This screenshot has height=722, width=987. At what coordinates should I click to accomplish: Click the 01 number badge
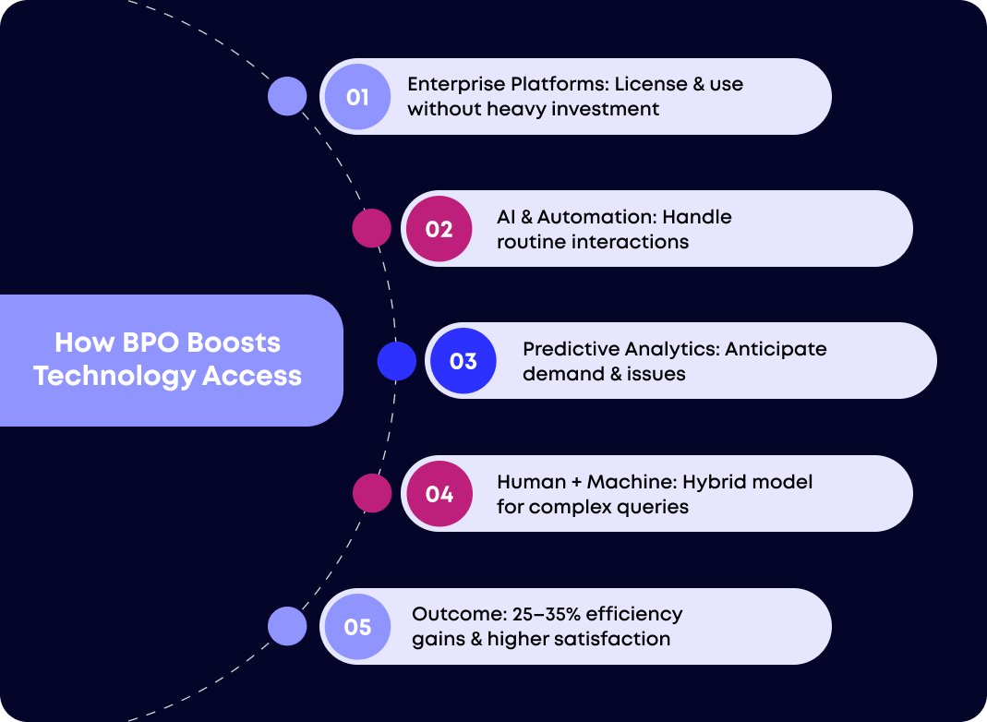(358, 97)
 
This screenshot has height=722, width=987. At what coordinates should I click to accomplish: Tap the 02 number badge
(439, 229)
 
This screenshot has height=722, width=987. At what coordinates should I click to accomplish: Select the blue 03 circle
(463, 361)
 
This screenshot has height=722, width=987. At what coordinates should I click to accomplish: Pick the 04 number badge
(439, 494)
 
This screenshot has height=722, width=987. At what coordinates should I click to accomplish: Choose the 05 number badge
(358, 627)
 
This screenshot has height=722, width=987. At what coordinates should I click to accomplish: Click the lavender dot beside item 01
(287, 96)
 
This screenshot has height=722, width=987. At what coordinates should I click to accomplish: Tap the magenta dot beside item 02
(372, 228)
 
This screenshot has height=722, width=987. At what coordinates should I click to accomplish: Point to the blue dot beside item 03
(397, 361)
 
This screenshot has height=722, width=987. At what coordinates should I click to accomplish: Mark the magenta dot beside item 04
(372, 493)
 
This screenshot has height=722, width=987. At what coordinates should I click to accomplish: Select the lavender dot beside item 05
(287, 626)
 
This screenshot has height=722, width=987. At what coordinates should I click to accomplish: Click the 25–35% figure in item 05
(538, 614)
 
